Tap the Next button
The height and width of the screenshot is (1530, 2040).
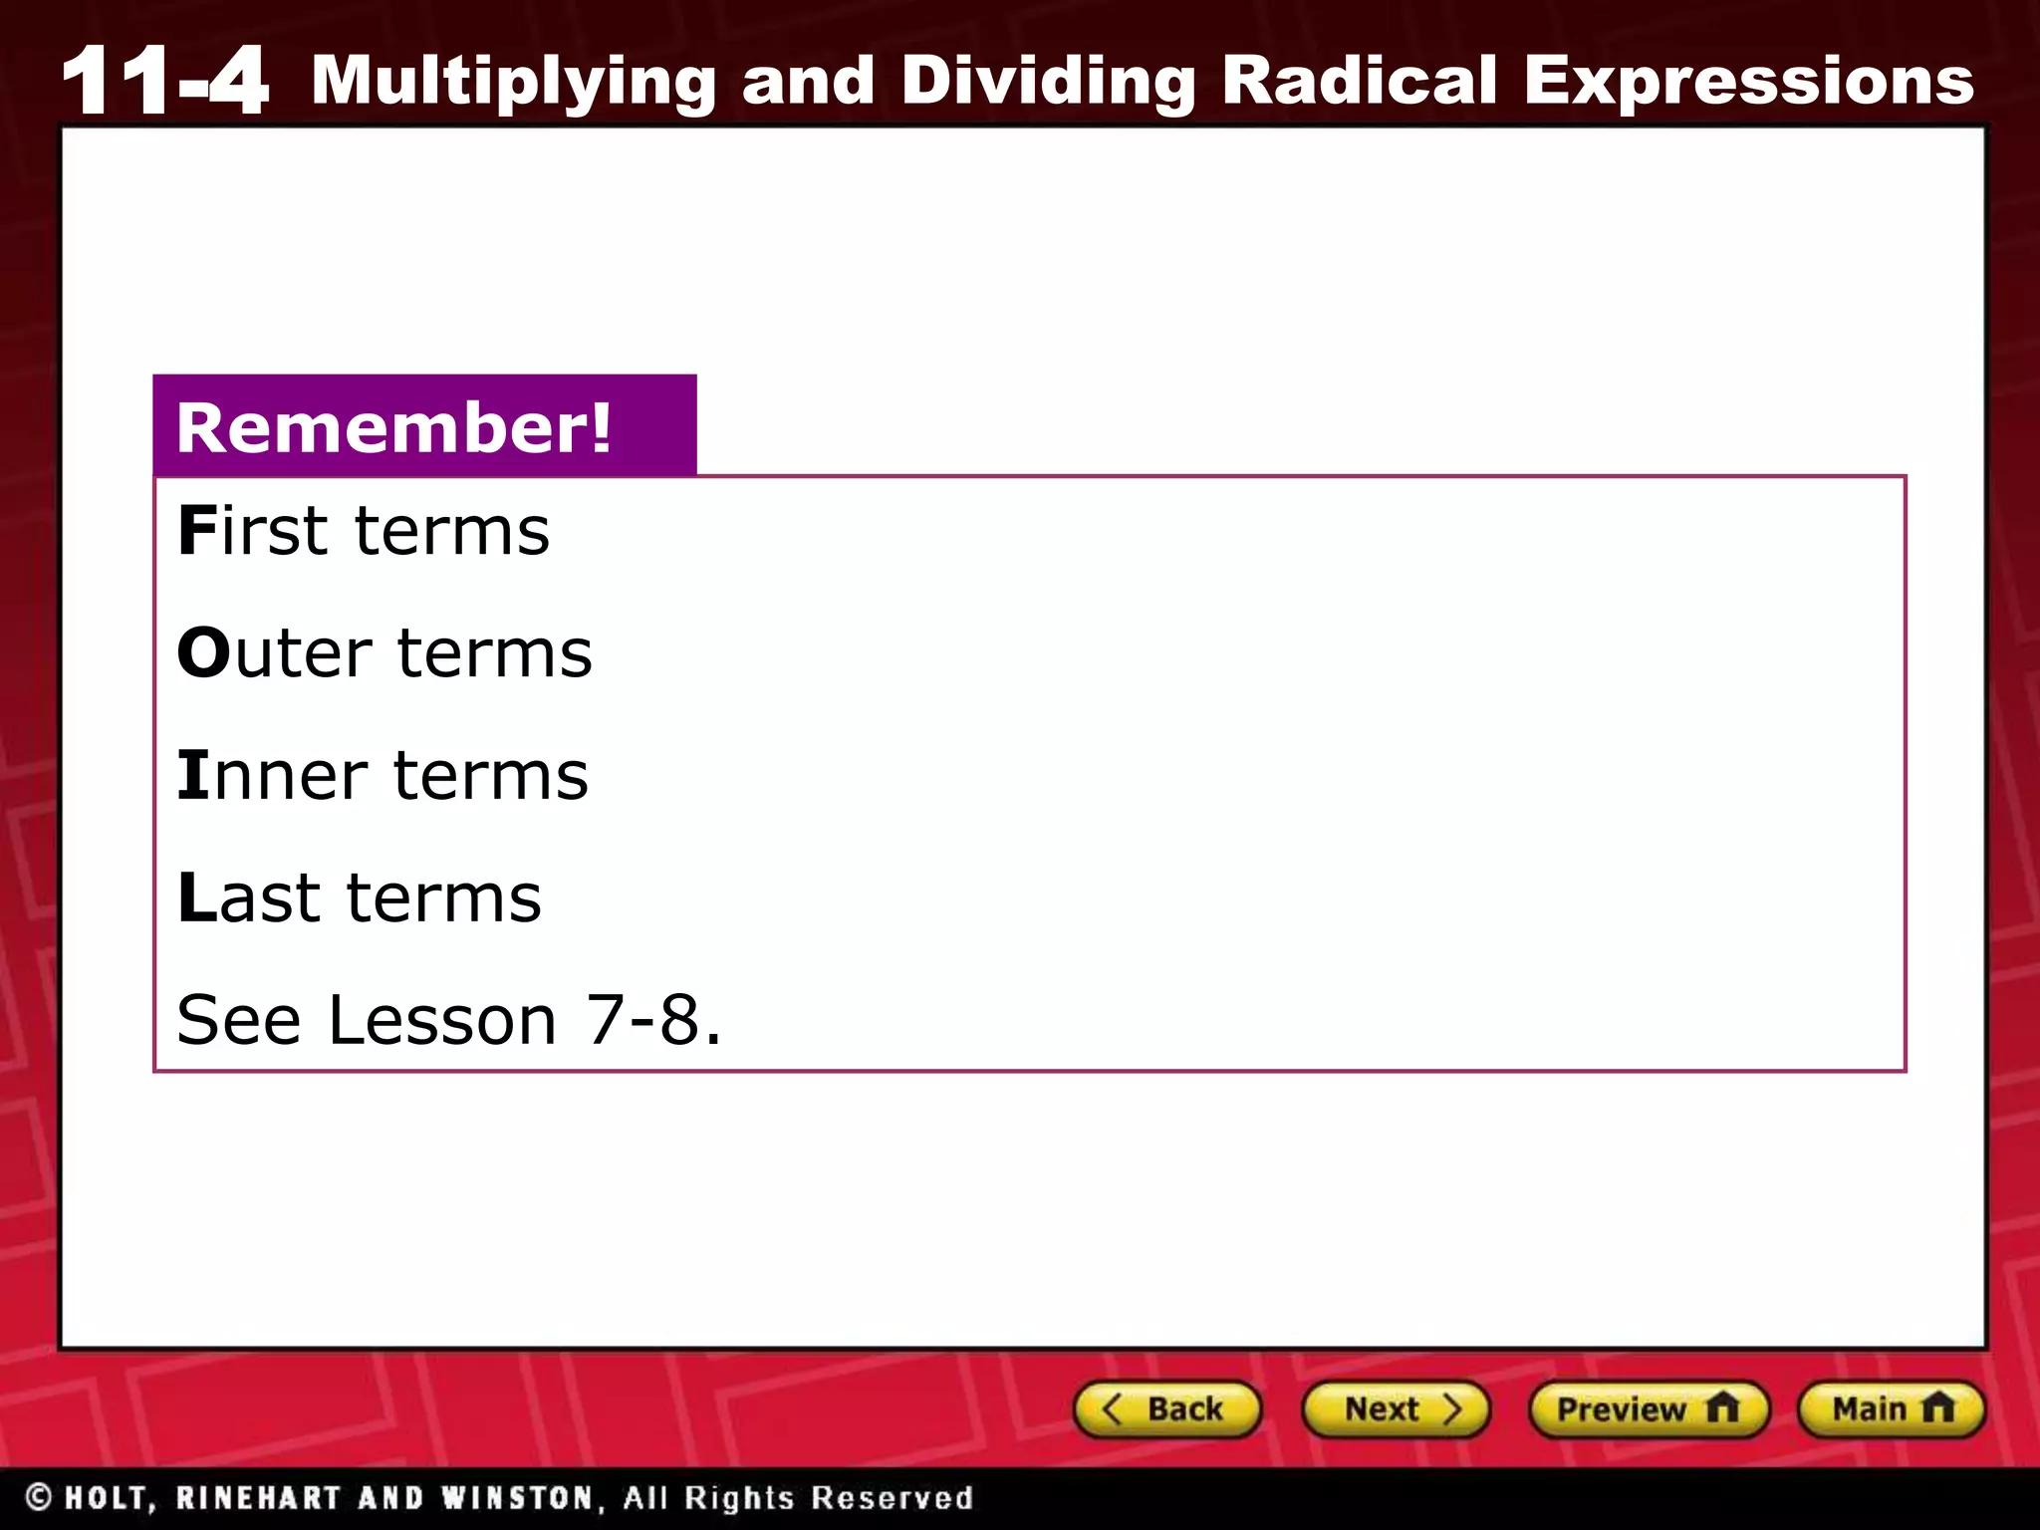1396,1409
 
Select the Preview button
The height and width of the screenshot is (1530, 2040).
1648,1409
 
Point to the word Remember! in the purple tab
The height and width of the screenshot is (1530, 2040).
394,427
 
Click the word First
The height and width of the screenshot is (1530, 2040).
253,531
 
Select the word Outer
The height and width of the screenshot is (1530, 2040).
274,653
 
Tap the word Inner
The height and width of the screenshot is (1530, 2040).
272,776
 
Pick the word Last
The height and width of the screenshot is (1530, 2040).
249,898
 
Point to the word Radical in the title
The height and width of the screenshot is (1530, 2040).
1360,80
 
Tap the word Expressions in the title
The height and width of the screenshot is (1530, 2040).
1749,80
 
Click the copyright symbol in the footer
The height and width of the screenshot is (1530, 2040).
39,1496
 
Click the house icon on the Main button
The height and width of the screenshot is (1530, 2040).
1938,1408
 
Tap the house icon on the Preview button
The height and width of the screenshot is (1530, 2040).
1722,1408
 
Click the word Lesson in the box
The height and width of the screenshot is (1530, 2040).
442,1020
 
